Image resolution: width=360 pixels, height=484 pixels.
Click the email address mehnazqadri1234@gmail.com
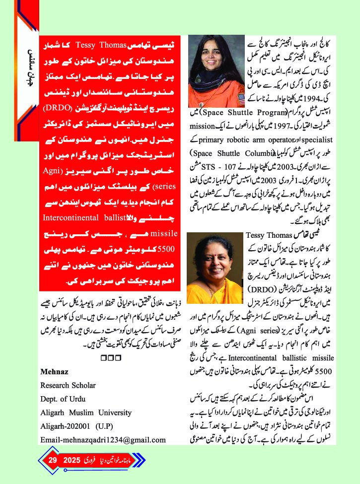[103, 439]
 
